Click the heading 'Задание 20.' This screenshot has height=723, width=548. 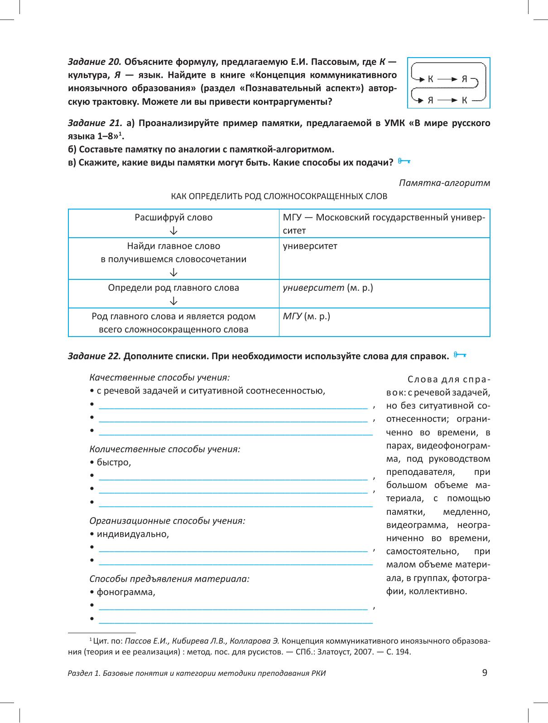[x=94, y=62]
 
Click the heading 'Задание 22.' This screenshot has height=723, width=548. [x=94, y=356]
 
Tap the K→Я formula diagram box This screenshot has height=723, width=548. [x=448, y=82]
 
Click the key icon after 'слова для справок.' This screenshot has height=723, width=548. [x=460, y=354]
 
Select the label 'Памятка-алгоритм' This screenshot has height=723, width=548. [x=444, y=183]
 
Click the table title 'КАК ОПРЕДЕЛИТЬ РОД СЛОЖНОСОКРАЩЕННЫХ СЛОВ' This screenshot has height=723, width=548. [x=279, y=196]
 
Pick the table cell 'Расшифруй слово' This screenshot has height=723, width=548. [x=173, y=217]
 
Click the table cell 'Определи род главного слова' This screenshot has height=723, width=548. [x=173, y=288]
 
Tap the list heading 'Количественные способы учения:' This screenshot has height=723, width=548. [x=165, y=449]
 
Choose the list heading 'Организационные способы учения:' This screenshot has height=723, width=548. [x=168, y=520]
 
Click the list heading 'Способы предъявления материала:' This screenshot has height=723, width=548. [x=170, y=579]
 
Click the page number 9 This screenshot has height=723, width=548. [x=485, y=673]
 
